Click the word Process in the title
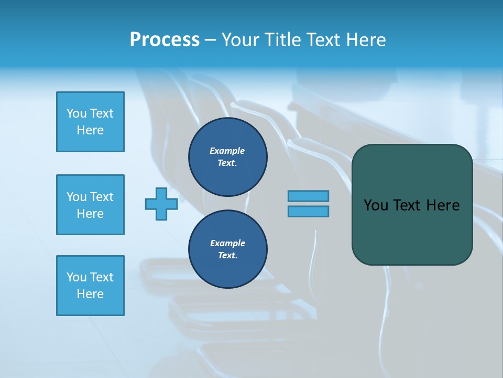(165, 40)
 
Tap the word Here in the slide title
(365, 40)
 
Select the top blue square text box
(90, 122)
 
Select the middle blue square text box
(90, 205)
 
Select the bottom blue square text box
(90, 286)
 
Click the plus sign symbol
(161, 204)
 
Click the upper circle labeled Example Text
(228, 157)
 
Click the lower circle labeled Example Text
(228, 249)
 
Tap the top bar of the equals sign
(308, 196)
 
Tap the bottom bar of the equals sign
(308, 212)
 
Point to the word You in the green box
(375, 205)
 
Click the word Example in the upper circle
(227, 151)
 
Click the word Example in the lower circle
(227, 243)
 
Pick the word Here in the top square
(90, 130)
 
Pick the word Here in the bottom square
(90, 294)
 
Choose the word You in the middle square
(76, 197)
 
